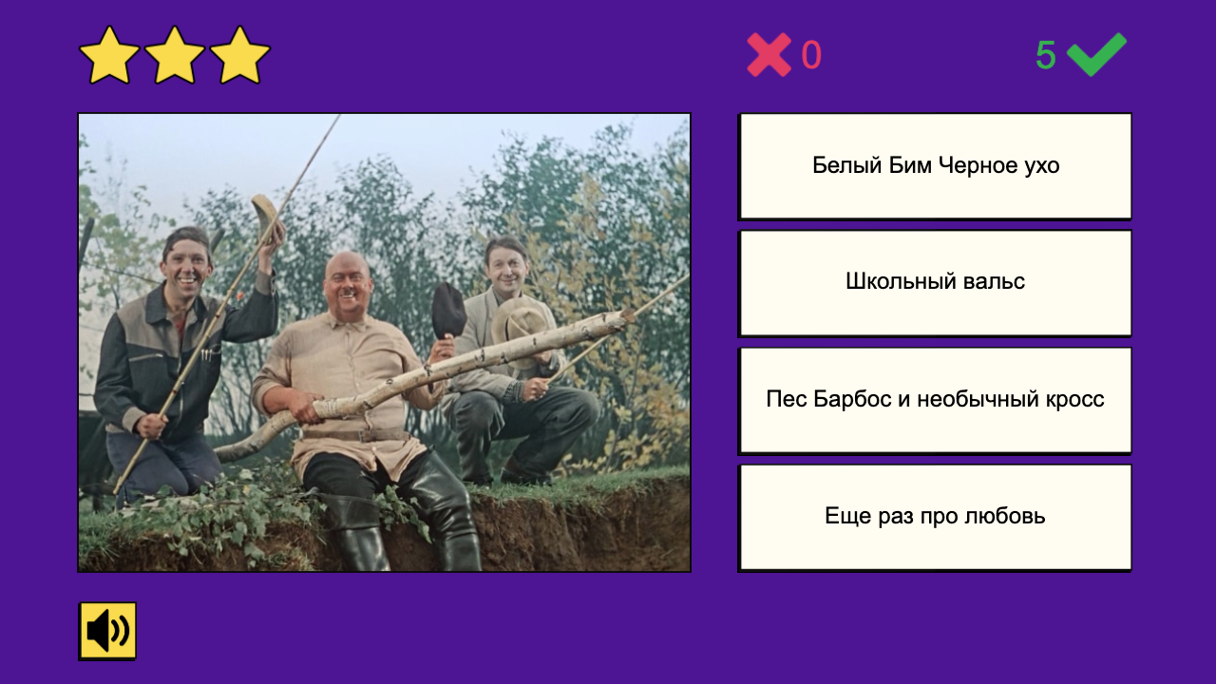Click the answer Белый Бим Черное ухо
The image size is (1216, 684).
[x=935, y=166]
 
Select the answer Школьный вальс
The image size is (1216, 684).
[x=935, y=282]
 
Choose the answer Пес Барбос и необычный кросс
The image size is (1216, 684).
[x=935, y=399]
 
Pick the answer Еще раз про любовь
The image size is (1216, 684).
[x=935, y=517]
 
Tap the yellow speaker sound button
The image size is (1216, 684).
[x=107, y=631]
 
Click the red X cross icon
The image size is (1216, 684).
[x=769, y=55]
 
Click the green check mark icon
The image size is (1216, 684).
[x=1096, y=54]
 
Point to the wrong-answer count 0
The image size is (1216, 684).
[x=811, y=56]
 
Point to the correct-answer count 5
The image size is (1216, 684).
[x=1045, y=56]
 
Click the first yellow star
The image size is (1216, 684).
[x=109, y=56]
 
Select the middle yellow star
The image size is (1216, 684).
[x=175, y=56]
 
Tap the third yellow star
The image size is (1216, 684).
[x=240, y=56]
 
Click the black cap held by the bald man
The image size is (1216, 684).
[x=447, y=310]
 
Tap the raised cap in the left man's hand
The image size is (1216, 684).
[x=266, y=217]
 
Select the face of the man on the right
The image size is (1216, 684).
[x=504, y=269]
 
